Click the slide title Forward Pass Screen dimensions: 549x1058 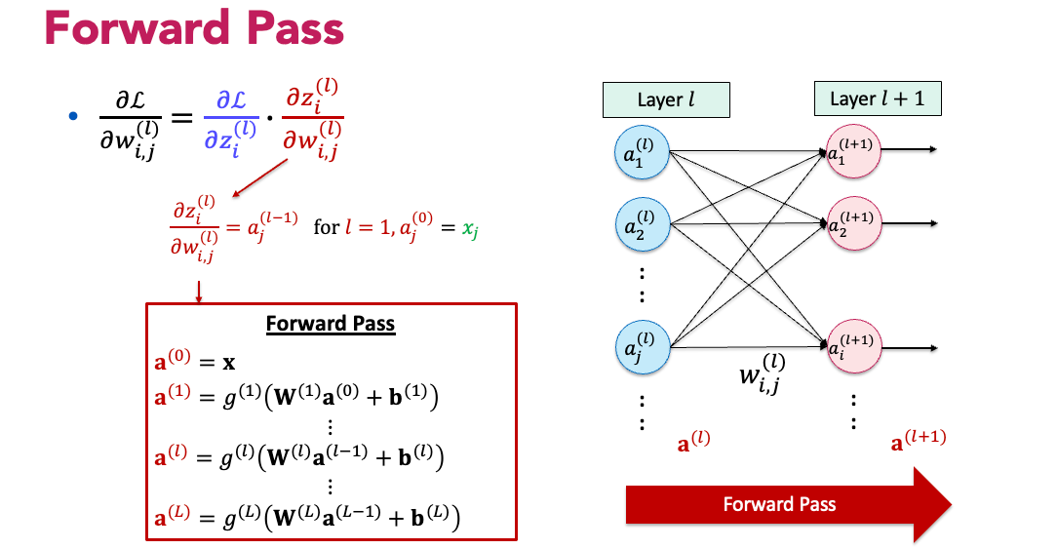[x=194, y=30]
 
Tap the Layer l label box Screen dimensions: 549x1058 [x=666, y=100]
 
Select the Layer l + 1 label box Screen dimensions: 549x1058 [x=878, y=99]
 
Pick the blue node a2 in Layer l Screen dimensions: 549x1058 [x=640, y=226]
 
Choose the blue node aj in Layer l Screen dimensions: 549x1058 [x=640, y=346]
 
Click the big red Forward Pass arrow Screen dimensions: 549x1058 [x=788, y=504]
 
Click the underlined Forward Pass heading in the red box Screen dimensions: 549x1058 [x=331, y=324]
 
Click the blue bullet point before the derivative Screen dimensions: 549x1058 [x=72, y=117]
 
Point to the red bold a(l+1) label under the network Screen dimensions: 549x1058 [x=919, y=442]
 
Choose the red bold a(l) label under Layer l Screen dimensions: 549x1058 [x=693, y=442]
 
